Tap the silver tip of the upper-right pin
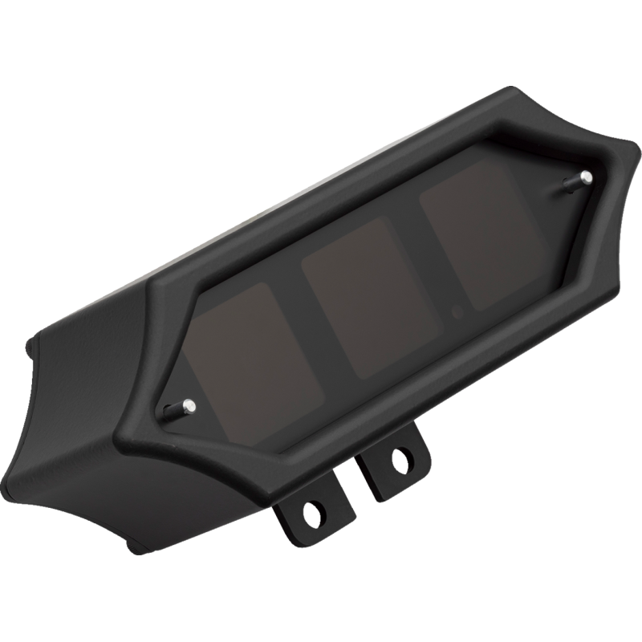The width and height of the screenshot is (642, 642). pyautogui.click(x=587, y=175)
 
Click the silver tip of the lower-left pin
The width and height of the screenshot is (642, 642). pyautogui.click(x=188, y=405)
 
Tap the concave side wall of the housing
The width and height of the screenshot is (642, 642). pyautogui.click(x=72, y=417)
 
